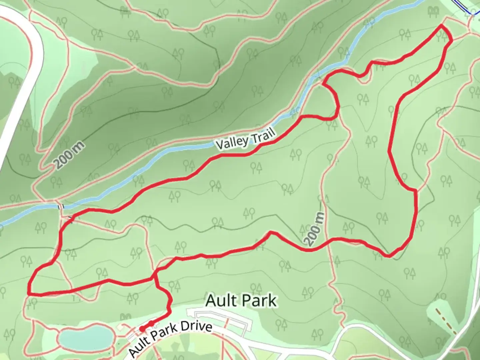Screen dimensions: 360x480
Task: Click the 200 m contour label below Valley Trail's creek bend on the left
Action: [69, 155]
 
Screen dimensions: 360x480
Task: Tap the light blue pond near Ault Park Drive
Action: [85, 336]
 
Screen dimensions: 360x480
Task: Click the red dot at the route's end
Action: [142, 329]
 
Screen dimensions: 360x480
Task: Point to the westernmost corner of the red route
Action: [29, 293]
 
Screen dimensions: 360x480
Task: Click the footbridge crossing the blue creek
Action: [61, 207]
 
